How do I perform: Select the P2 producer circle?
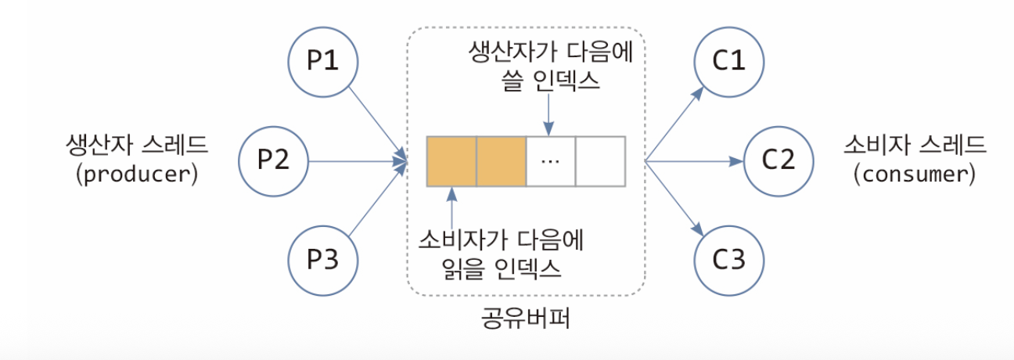274,161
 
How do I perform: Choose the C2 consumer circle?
778,161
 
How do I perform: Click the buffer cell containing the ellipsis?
551,161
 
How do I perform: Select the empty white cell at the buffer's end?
600,161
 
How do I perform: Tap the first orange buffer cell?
451,161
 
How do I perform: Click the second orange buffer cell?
501,161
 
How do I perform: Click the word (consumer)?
916,175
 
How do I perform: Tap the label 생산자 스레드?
137,146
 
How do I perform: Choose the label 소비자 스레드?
915,146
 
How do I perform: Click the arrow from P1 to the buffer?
376,122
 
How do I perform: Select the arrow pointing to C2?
692,162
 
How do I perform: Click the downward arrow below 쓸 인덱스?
550,114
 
